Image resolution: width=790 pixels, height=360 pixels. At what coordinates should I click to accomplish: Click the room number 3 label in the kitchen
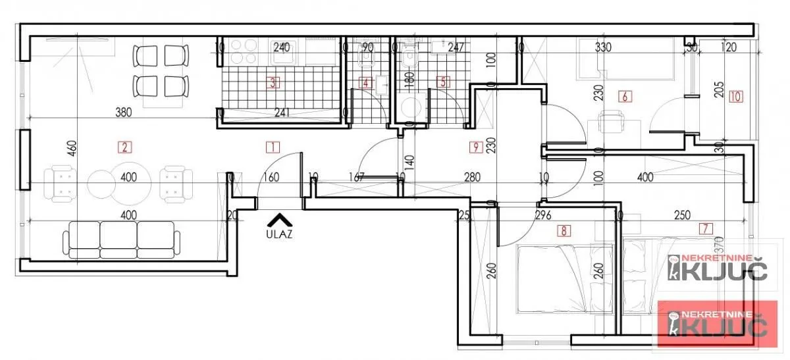click(x=272, y=83)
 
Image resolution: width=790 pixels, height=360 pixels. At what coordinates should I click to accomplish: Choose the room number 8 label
click(x=564, y=230)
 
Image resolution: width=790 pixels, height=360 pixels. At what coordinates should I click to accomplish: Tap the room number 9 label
click(x=474, y=147)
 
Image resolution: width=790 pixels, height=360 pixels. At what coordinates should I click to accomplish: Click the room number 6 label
click(x=625, y=97)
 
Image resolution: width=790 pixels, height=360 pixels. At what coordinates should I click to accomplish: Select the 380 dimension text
click(x=123, y=112)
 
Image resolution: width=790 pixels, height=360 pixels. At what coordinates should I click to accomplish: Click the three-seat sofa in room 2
click(x=121, y=240)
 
